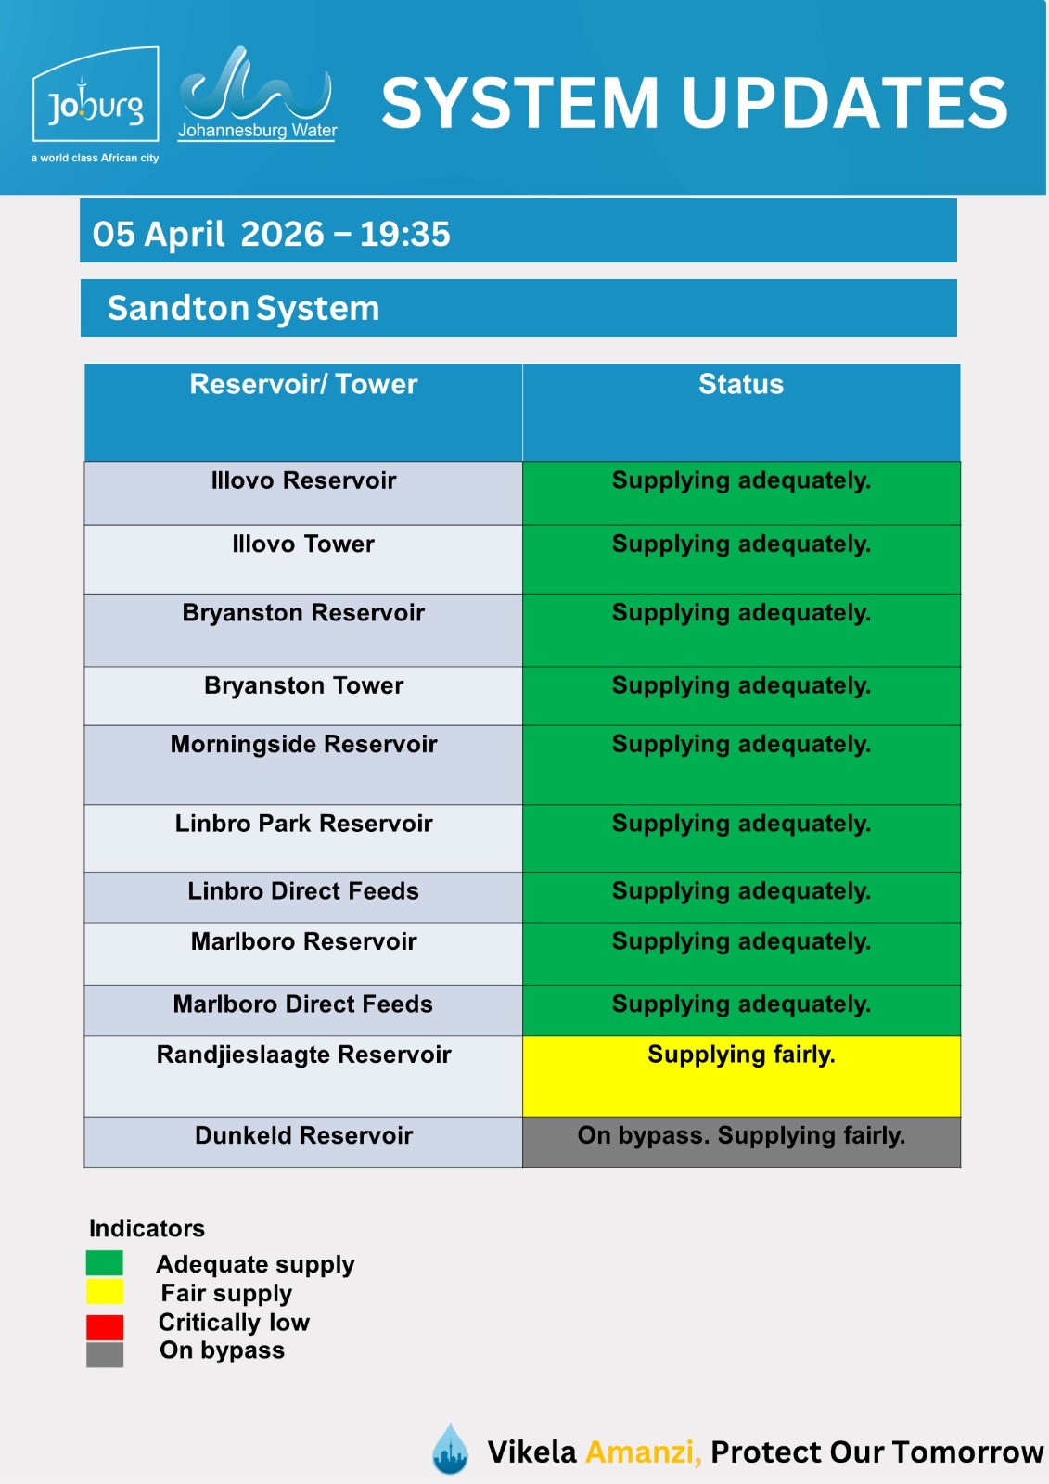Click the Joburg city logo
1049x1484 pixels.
pos(96,97)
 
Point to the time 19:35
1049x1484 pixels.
pos(404,234)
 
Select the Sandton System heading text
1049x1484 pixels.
pos(243,308)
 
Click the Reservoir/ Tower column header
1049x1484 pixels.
pos(303,385)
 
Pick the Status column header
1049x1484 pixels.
pos(740,385)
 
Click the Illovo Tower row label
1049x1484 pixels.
pos(303,544)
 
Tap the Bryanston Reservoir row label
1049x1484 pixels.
pos(303,613)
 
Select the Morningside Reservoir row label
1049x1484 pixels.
pos(303,745)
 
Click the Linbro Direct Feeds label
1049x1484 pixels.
pos(303,891)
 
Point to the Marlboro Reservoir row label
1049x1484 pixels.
pos(303,942)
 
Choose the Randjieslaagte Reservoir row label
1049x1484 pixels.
pos(303,1055)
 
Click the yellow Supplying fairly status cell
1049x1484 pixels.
pos(741,1075)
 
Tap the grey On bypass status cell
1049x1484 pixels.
pos(741,1141)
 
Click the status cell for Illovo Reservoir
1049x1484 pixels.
pos(741,493)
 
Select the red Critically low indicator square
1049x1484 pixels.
pos(105,1326)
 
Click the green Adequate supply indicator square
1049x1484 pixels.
pos(105,1263)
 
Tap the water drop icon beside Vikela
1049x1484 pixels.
pos(451,1449)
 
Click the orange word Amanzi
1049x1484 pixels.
pos(642,1452)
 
